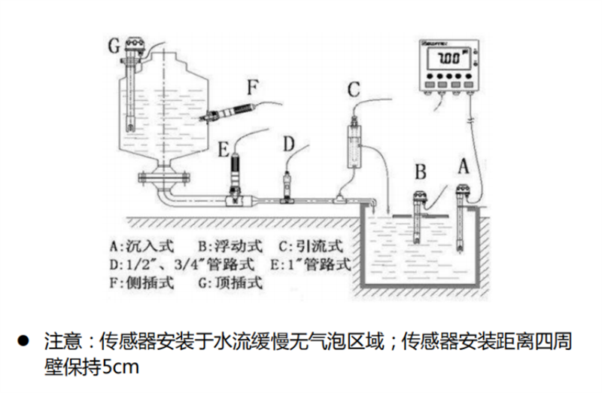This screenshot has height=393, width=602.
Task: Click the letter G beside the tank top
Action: [114, 47]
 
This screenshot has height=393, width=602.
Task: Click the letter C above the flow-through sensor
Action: [353, 92]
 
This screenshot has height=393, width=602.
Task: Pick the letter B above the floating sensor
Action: [421, 172]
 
